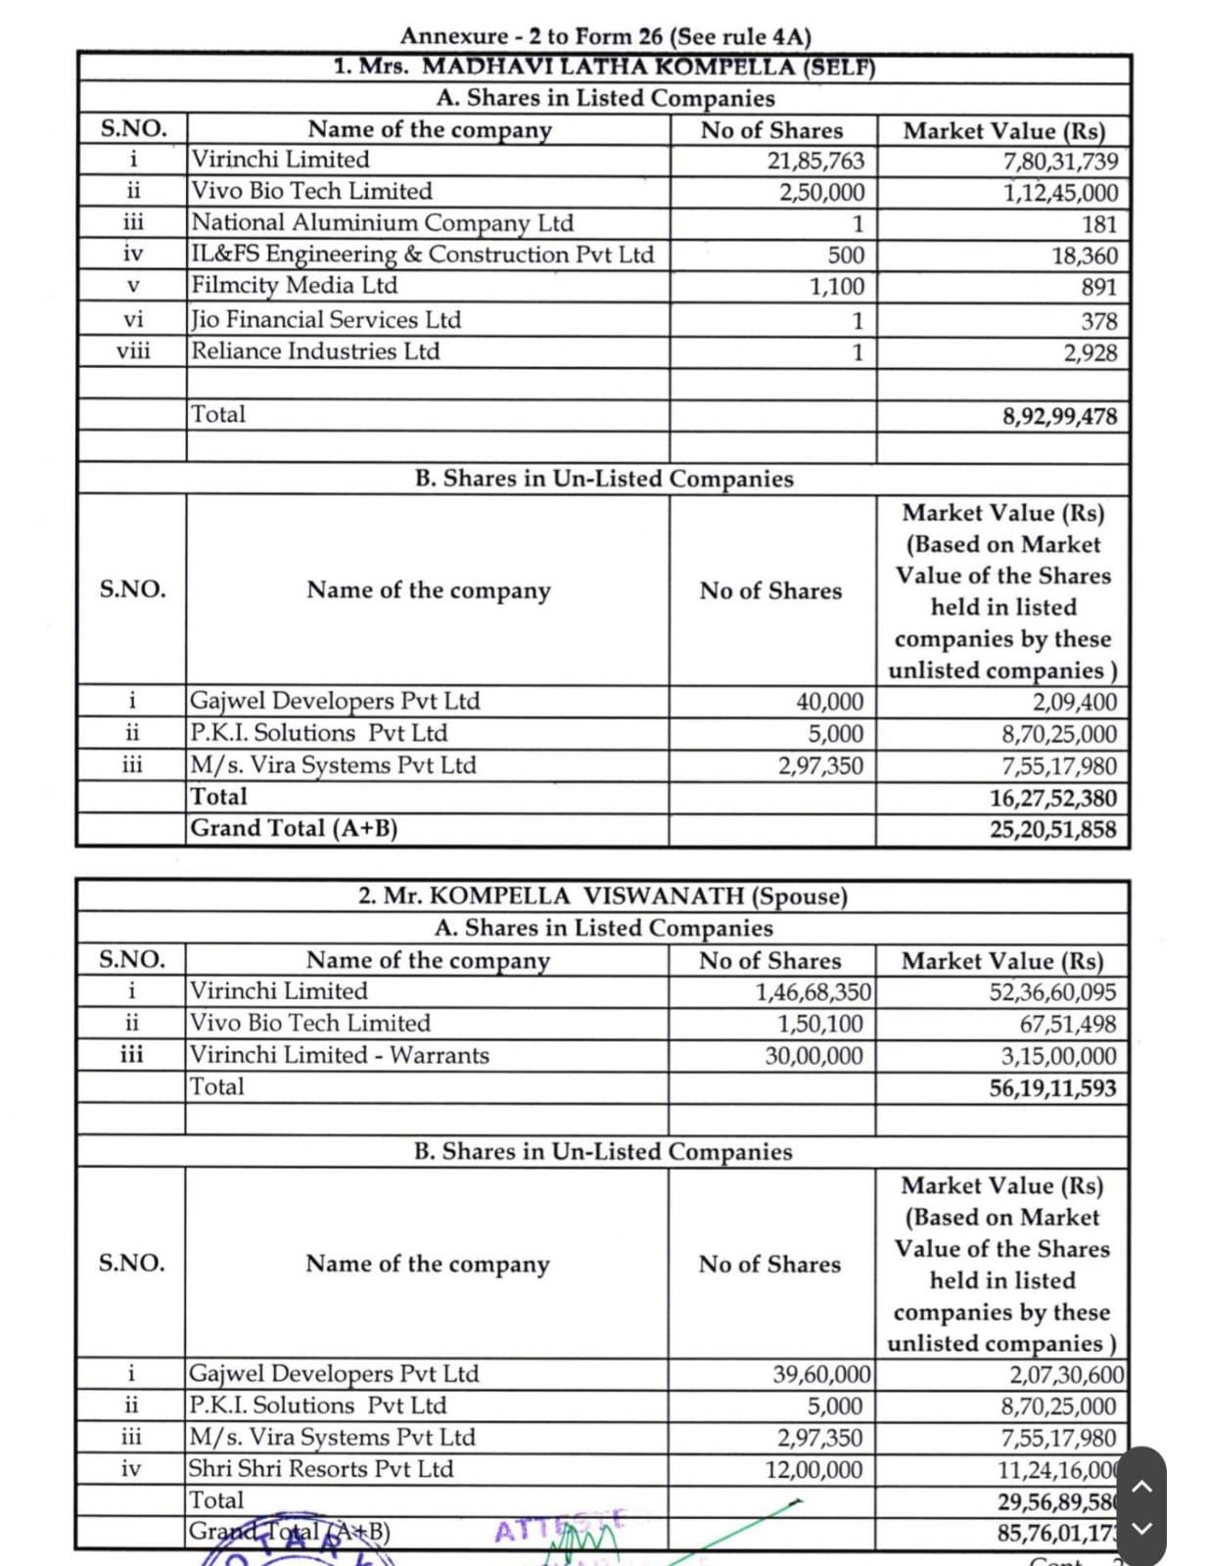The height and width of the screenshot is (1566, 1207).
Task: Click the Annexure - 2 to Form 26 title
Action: [x=605, y=36]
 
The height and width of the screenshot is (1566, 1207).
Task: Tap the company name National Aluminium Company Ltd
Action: [x=382, y=223]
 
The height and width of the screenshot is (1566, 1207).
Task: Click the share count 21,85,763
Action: [x=815, y=161]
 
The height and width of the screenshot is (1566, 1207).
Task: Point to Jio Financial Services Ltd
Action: [x=325, y=320]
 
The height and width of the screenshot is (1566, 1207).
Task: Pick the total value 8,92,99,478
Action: [x=1059, y=416]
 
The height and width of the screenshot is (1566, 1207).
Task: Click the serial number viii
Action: [x=133, y=351]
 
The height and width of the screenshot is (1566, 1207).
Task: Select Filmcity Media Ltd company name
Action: [x=294, y=286]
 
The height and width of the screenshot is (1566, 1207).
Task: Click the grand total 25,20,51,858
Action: [x=1052, y=830]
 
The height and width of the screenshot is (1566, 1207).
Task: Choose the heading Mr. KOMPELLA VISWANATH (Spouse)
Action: [x=603, y=897]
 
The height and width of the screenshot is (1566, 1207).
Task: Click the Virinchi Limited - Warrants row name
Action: [x=339, y=1055]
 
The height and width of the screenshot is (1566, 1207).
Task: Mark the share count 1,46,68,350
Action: [x=812, y=992]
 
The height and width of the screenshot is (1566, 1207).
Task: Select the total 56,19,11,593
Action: [x=1052, y=1088]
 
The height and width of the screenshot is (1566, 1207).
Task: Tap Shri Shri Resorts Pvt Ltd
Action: [x=321, y=1469]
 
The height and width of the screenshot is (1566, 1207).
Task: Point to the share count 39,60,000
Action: [x=817, y=1374]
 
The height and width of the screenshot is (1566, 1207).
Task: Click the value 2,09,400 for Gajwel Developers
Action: [x=1074, y=702]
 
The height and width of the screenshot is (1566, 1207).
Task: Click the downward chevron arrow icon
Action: [x=1140, y=1529]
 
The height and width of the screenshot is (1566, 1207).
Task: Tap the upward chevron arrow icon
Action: [x=1140, y=1487]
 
